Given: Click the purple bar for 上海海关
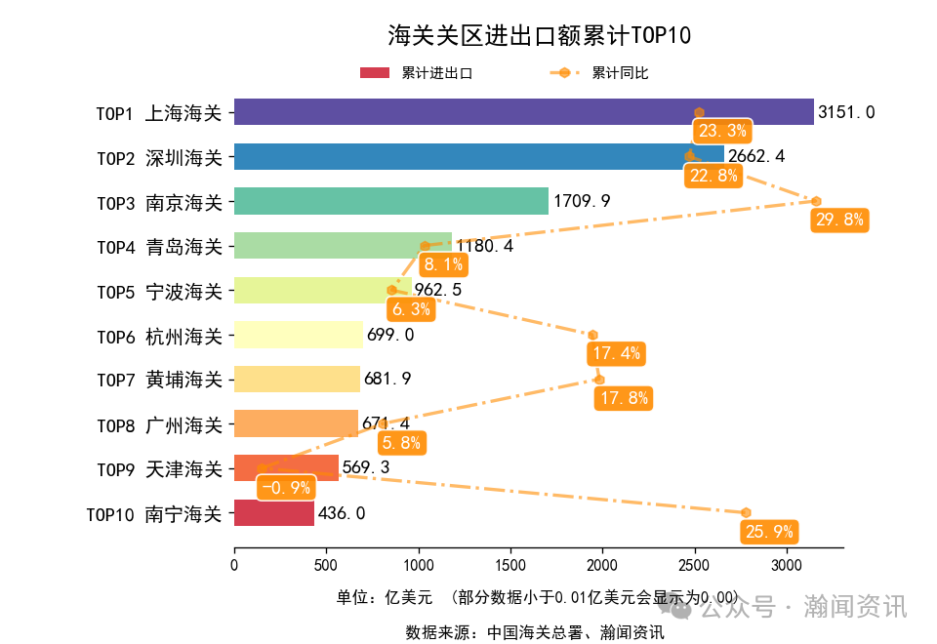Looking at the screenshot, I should (523, 112).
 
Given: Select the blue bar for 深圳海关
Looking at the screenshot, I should (478, 157).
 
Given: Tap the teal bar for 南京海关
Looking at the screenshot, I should (390, 201).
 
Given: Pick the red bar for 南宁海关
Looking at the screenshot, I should (274, 513).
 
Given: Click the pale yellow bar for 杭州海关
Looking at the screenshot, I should (298, 335).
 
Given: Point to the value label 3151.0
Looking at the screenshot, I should (846, 112).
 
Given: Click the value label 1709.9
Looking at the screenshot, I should (582, 201).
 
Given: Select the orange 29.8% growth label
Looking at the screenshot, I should (839, 220).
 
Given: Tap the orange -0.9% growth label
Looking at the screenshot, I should (286, 487).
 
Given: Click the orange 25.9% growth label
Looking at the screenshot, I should (769, 532).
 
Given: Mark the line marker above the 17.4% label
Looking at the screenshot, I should (592, 336).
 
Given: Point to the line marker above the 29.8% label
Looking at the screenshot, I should (816, 201).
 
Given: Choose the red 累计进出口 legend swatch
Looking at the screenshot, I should (375, 73).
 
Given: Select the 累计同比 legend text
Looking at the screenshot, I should (620, 73).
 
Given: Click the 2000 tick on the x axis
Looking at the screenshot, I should (602, 564).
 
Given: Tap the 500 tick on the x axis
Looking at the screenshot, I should (326, 564).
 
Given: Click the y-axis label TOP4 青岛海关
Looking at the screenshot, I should (159, 247).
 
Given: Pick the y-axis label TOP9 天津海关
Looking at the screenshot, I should (159, 469).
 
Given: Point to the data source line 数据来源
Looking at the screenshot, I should (535, 632).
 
